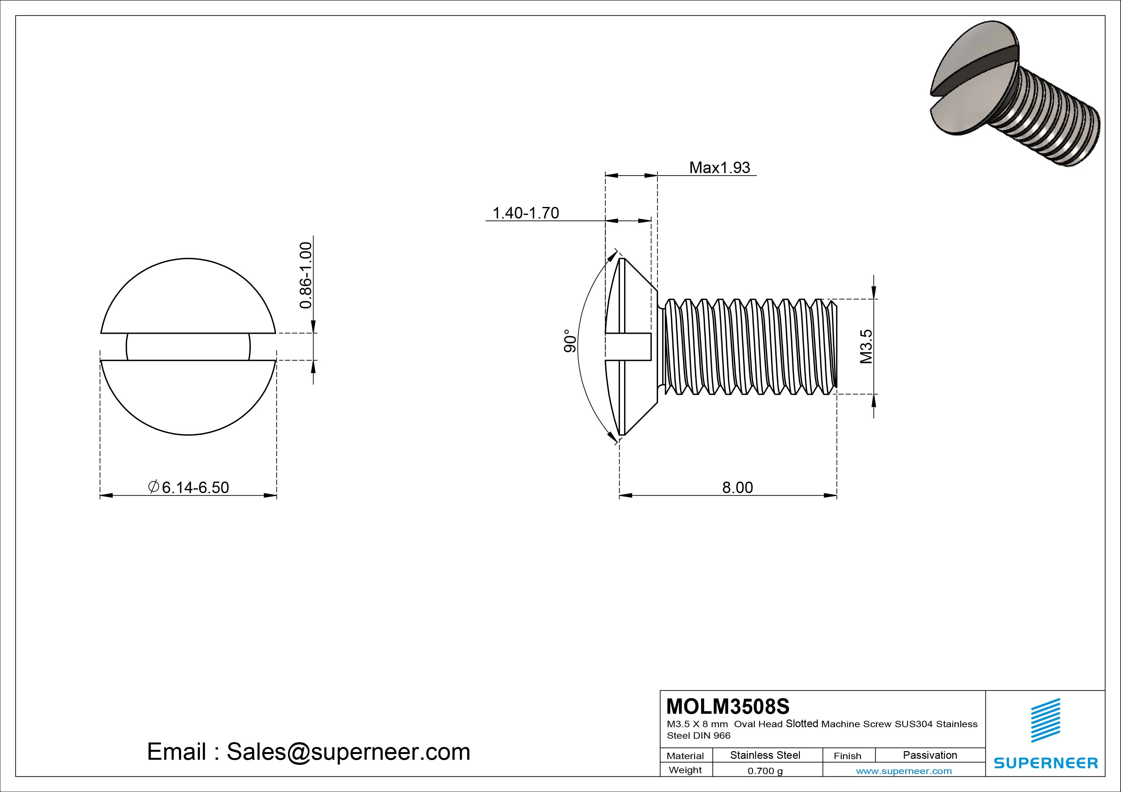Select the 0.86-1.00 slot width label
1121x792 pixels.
click(305, 275)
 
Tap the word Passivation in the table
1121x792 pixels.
click(930, 755)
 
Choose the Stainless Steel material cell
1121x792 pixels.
click(765, 755)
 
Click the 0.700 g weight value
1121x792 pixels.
click(765, 771)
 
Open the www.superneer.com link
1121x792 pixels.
click(904, 771)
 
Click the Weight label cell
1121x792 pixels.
click(685, 770)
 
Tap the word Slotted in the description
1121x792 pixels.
click(802, 723)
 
